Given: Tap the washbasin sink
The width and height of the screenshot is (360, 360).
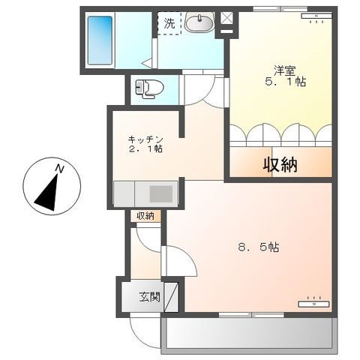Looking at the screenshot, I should click(x=199, y=24).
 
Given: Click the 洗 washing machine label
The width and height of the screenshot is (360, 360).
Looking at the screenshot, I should click(x=170, y=22).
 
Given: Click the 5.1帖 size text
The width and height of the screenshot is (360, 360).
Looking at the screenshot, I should click(x=283, y=82).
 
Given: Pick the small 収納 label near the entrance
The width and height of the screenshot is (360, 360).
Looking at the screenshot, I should click(x=145, y=216).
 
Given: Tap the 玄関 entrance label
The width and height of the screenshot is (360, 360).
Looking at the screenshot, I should click(x=148, y=296).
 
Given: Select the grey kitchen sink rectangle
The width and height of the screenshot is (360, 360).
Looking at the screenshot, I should click(x=160, y=193).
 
